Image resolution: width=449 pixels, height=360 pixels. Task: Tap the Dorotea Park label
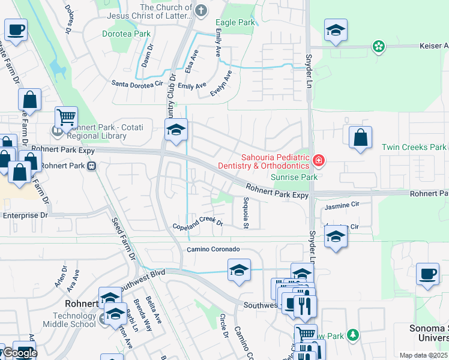126,34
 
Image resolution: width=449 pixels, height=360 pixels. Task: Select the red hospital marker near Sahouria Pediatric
318,160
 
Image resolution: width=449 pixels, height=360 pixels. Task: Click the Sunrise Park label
294,177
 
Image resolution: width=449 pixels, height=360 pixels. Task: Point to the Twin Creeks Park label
415,147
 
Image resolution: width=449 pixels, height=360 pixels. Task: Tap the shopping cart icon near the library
66,117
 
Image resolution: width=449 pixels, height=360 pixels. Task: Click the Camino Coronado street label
213,249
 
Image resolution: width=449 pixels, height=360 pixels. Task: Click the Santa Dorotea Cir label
137,83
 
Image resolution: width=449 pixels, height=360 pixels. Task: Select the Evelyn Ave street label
221,84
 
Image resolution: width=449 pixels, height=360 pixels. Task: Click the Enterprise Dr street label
25,215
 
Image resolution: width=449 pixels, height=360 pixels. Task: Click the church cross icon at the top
201,10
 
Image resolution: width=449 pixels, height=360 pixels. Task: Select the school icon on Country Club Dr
176,130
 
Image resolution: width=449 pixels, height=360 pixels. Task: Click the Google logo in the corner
20,353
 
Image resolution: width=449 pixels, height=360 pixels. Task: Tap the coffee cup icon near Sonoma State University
427,274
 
